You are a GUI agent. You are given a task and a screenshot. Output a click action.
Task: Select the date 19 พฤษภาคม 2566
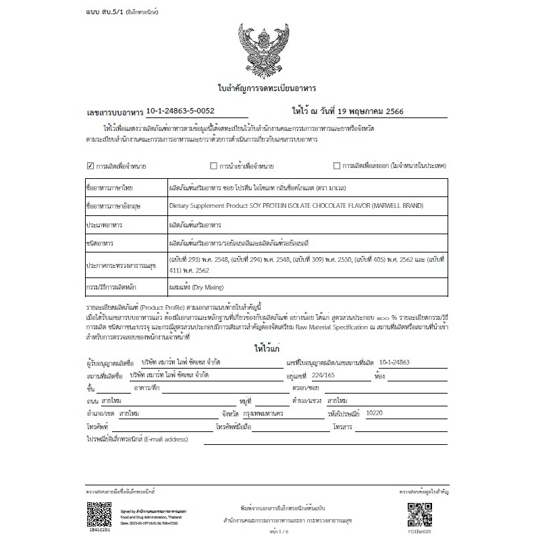point(374,111)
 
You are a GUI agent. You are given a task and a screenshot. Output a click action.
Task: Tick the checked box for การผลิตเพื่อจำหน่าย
point(90,165)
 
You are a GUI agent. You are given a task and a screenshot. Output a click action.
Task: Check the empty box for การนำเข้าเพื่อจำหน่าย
point(213,165)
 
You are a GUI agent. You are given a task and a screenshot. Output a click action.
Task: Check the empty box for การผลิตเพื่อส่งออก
point(337,165)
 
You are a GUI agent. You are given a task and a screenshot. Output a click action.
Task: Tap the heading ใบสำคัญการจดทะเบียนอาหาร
point(267,88)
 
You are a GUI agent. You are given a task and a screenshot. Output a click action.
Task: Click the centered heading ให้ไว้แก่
point(267,350)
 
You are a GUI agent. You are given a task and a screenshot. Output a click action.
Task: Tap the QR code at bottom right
point(419,516)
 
